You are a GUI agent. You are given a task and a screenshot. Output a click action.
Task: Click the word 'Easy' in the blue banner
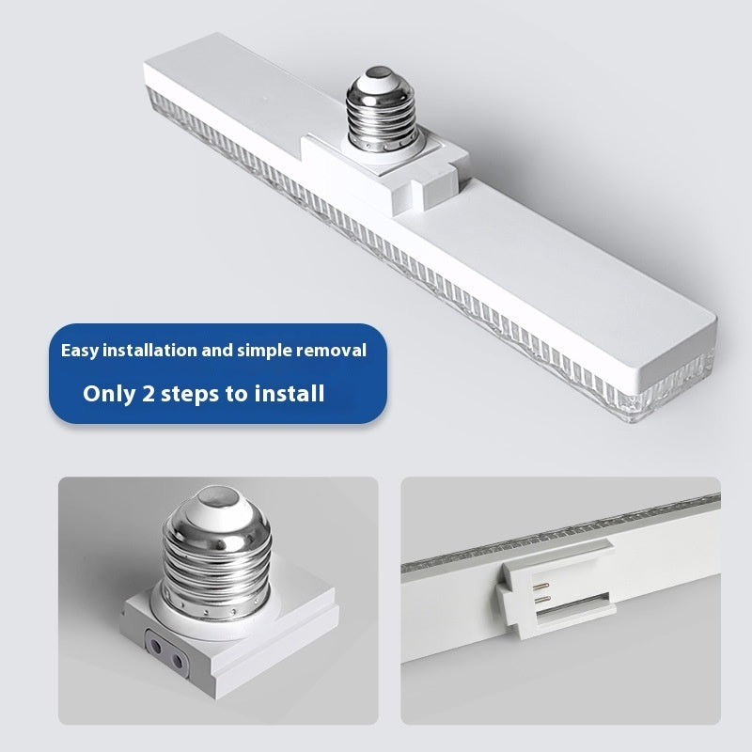(80, 351)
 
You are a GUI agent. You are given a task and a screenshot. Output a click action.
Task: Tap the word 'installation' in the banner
(150, 350)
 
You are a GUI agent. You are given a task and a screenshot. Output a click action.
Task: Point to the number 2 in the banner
(149, 394)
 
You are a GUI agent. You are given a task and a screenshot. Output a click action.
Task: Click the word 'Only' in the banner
(109, 394)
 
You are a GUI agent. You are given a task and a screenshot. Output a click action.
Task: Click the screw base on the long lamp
(382, 109)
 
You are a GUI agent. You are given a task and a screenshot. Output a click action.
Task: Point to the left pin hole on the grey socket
(156, 647)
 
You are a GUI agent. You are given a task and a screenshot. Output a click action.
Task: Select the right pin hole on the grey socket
(178, 663)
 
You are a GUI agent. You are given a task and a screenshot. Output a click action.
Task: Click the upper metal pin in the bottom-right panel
(540, 586)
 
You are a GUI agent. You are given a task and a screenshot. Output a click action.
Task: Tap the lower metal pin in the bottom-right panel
(541, 600)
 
